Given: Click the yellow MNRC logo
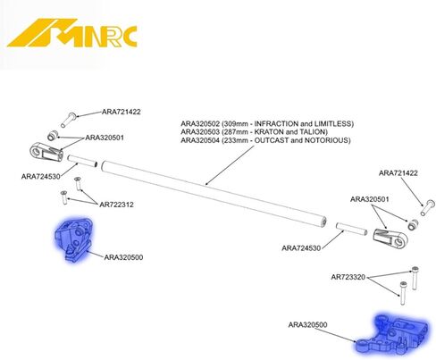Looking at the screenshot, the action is click(72, 33).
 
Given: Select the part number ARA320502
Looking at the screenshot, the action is click(200, 123).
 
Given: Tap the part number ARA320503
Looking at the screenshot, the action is click(200, 132).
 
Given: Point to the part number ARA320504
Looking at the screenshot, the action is click(200, 140).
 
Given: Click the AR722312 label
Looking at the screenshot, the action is click(116, 205).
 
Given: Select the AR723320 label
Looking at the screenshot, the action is click(348, 277).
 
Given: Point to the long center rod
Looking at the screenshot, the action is click(214, 194).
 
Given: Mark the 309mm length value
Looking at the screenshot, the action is click(235, 123).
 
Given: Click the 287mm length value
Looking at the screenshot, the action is click(235, 132).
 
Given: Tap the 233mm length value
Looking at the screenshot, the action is click(235, 140).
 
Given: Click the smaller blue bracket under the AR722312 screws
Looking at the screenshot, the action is click(73, 239).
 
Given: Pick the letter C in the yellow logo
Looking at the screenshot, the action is click(129, 37).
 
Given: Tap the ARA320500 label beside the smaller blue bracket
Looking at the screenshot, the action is click(123, 257).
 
